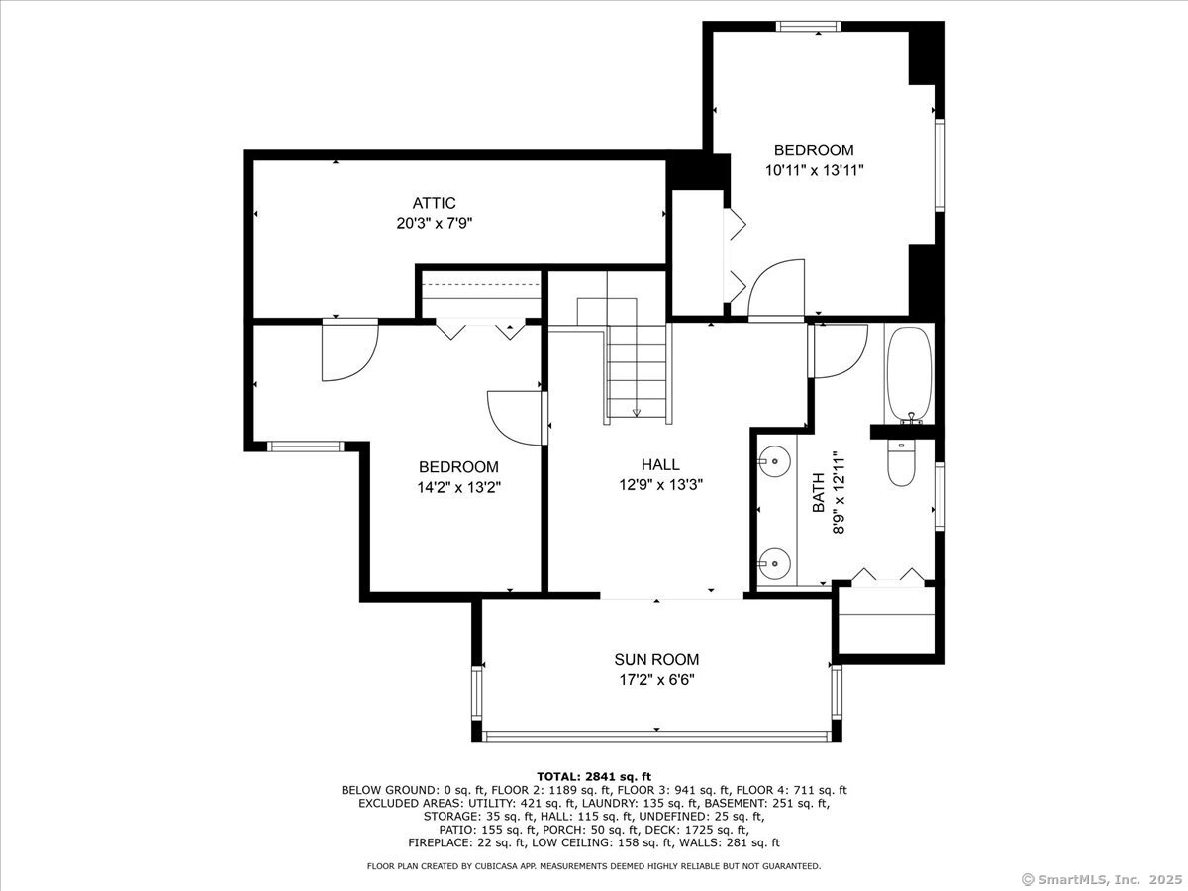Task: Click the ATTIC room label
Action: pos(434,203)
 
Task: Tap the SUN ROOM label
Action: pos(656,659)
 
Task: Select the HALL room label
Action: pos(660,464)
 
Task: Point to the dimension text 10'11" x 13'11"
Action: pos(814,171)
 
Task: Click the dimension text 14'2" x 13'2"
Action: pos(458,487)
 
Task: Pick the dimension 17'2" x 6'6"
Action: pos(656,679)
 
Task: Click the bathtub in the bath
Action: pos(909,374)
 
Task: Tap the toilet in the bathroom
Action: pos(901,462)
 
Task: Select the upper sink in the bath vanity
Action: pos(774,461)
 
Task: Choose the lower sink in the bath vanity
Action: pos(774,563)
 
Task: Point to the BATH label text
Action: pos(819,492)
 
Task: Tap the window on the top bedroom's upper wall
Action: pos(809,26)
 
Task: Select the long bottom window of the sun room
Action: pos(656,736)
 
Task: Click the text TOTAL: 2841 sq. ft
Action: pos(594,777)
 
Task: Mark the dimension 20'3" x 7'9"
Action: pos(435,223)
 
